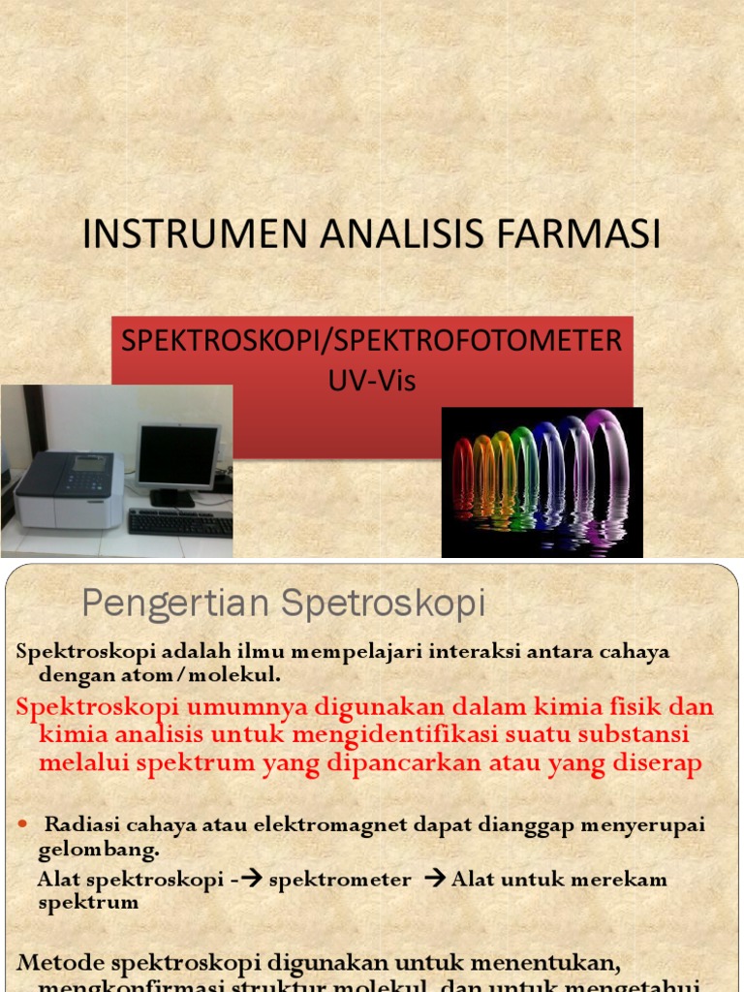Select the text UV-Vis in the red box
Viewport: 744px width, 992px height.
[372, 381]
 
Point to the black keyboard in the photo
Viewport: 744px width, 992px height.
[180, 522]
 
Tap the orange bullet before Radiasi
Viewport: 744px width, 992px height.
[24, 824]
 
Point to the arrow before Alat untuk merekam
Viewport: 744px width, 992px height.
[435, 880]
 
